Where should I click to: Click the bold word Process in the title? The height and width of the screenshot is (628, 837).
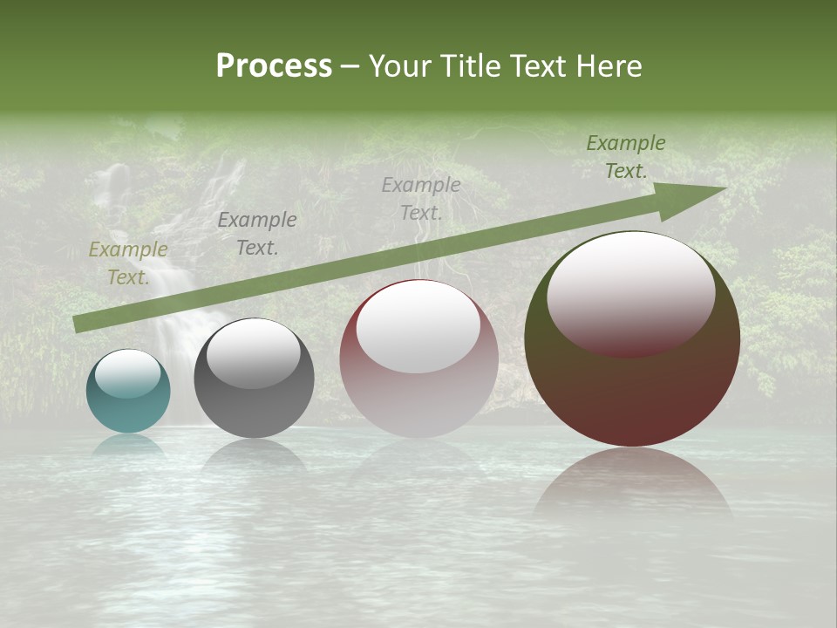coord(274,66)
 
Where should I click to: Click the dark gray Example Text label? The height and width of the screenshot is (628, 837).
coord(257,234)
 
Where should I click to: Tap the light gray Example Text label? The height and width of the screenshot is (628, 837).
coord(421,198)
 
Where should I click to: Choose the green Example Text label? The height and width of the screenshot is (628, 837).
coord(626,157)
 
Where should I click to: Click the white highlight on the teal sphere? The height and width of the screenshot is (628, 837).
coord(128,374)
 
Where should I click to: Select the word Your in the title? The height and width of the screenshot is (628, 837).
coord(398,66)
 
